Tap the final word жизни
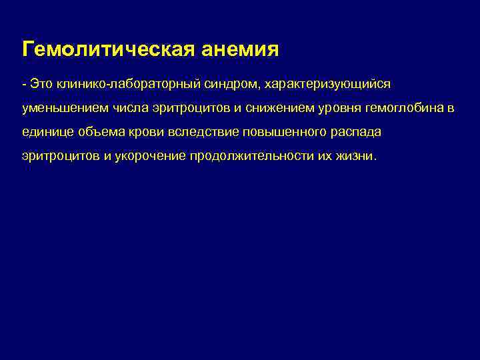pyautogui.click(x=359, y=157)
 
